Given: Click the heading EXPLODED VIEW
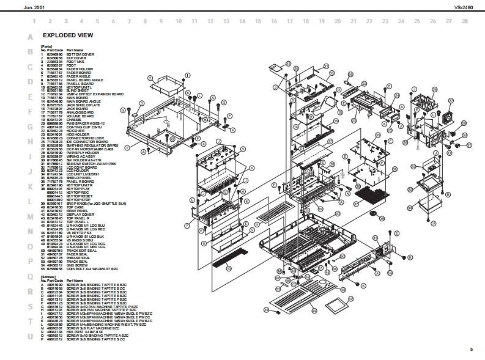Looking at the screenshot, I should coord(67,35).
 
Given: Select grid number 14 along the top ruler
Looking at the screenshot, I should coord(242,21).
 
